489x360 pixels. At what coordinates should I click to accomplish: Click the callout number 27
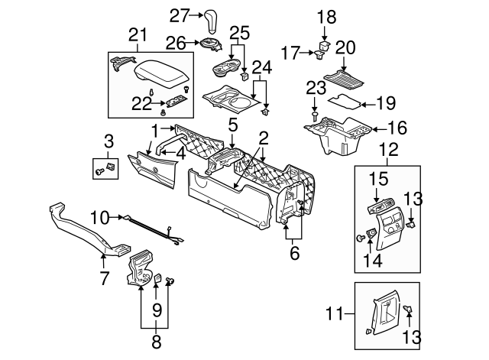click(179, 15)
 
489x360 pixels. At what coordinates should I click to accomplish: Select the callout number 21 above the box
click(138, 35)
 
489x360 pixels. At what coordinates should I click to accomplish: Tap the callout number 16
click(397, 129)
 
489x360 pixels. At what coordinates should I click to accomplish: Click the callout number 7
click(105, 274)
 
